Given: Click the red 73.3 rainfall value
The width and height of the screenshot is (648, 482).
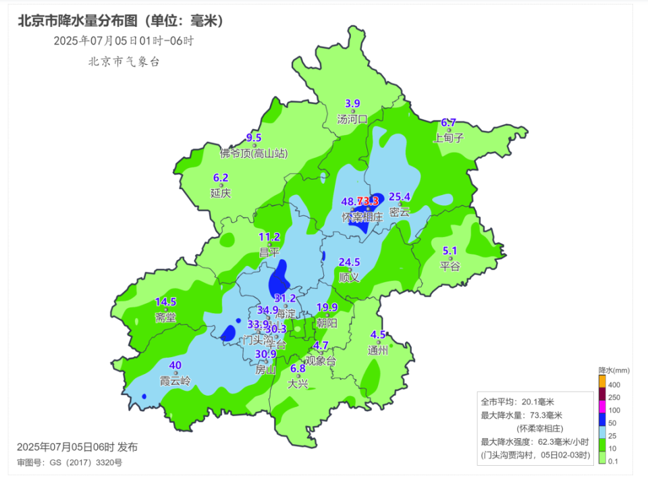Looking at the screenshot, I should point(368,201).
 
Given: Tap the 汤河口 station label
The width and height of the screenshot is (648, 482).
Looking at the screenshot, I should point(352,119).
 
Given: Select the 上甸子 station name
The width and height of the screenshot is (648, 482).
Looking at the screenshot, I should point(449,138).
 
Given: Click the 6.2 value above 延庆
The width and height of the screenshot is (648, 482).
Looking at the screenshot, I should point(221,178).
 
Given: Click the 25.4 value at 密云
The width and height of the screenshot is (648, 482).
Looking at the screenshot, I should point(400,197).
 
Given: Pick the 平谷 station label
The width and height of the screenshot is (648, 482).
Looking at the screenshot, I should point(450,266).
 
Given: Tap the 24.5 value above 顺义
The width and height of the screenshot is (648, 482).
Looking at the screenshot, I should point(349,262).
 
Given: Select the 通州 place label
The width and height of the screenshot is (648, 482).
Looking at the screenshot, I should point(378,350).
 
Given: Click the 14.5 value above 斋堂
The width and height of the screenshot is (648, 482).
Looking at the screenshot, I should point(165,302).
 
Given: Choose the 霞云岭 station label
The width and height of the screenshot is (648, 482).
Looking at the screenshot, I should point(175,381).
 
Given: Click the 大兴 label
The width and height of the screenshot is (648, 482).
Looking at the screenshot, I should point(298,384).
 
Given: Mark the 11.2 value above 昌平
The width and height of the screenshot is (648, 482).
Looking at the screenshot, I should point(269,237).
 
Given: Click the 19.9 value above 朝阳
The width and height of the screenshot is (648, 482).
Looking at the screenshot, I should point(327,307).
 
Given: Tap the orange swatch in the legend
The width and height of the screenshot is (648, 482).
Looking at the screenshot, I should point(602,381).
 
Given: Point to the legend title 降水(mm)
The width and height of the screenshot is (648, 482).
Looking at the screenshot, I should point(614,370).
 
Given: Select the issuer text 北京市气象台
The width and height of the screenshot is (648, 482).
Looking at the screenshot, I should point(124,61).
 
